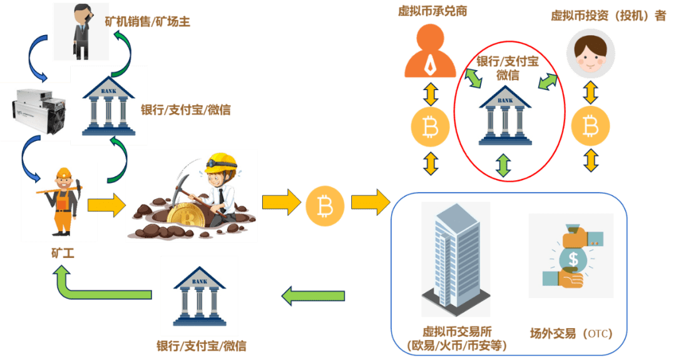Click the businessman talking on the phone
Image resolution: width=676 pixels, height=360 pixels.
[81, 31]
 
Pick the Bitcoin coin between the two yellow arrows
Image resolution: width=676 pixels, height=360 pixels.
[324, 205]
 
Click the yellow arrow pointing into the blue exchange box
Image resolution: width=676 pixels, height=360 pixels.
[371, 203]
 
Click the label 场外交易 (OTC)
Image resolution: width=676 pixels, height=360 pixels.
[570, 333]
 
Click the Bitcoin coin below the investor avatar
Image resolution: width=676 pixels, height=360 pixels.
[590, 128]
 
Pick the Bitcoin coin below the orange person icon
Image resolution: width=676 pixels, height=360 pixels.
[430, 128]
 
